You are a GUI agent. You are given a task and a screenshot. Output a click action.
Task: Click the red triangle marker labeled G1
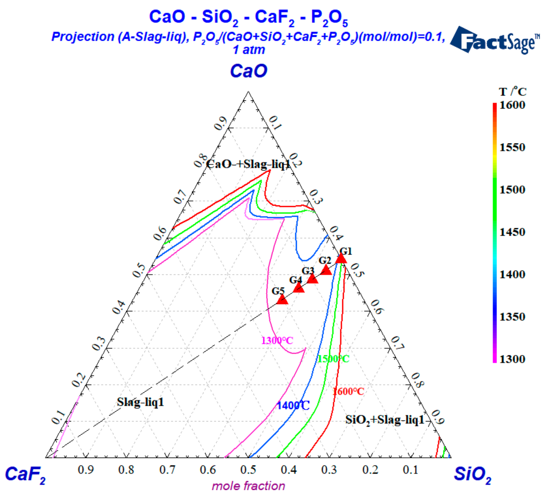pos(341,259)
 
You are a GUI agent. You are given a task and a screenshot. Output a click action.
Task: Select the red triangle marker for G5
pos(282,300)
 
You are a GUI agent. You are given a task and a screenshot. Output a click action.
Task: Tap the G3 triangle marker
pos(312,279)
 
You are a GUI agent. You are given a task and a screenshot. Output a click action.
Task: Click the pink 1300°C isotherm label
pos(277,340)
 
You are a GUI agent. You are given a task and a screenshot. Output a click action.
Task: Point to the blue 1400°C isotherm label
pos(293,405)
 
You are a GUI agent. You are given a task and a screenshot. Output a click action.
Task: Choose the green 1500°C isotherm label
pos(333,359)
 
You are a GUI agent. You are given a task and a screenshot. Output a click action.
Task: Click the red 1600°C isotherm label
pos(348,391)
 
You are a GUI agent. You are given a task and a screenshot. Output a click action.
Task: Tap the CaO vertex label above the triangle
pos(248,71)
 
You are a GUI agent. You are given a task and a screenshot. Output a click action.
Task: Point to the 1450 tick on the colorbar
pos(512,232)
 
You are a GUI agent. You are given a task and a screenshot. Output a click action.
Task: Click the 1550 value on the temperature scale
pos(512,148)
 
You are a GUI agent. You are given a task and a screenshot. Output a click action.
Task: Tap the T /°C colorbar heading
pos(512,92)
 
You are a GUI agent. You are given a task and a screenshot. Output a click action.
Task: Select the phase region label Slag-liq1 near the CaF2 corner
pos(140,402)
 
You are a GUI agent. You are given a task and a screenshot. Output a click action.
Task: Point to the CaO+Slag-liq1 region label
pos(248,164)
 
